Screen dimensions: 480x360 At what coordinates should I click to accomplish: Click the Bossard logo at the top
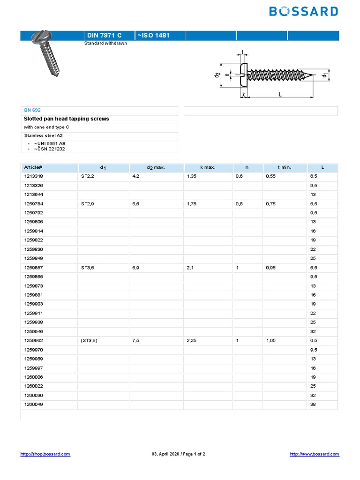click(x=303, y=12)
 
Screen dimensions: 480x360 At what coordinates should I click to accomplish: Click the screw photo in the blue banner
click(x=49, y=53)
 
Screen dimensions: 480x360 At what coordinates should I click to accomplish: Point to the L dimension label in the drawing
click(x=280, y=94)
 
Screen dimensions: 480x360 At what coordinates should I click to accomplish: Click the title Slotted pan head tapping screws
click(x=66, y=119)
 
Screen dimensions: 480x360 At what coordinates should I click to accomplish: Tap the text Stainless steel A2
click(x=43, y=135)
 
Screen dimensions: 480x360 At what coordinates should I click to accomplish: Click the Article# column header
click(x=33, y=167)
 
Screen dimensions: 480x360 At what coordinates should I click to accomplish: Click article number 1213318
click(x=33, y=176)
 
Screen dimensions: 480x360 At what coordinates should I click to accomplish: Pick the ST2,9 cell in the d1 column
click(x=88, y=203)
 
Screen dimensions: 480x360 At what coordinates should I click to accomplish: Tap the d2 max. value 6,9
click(x=136, y=268)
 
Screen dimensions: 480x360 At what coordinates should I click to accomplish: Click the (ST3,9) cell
click(x=89, y=341)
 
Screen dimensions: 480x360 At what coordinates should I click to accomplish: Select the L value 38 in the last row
click(x=313, y=405)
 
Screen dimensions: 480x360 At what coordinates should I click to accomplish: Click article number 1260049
click(x=33, y=405)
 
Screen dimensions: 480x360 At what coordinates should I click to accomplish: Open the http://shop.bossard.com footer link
click(x=45, y=454)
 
